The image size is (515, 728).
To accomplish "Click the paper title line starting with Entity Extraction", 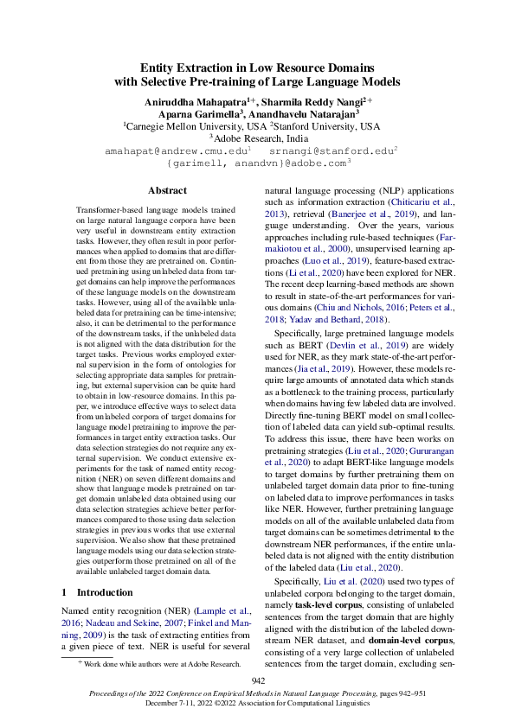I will (x=257, y=67).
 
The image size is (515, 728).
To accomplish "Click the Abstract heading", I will (x=167, y=190).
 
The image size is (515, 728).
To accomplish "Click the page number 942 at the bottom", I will (x=257, y=682).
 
